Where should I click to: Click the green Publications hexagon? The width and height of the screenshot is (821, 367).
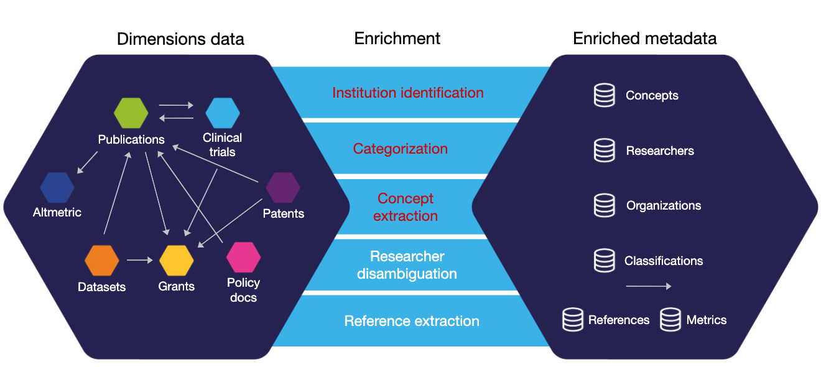(131, 113)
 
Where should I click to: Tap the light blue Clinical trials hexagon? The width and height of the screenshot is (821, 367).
(223, 113)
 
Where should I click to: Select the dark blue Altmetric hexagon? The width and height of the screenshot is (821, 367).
(57, 187)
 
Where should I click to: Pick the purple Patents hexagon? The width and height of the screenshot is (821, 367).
(283, 187)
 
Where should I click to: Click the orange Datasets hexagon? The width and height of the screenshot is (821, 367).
(101, 261)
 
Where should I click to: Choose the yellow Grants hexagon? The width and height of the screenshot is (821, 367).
(177, 261)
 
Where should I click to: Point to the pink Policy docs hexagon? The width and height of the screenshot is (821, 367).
(243, 257)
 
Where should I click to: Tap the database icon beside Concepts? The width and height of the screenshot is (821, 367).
(604, 95)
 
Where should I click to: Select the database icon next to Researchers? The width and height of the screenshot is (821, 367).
(604, 151)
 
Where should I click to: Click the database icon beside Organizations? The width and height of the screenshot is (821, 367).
(604, 205)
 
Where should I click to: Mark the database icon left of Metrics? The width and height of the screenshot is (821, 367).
(670, 320)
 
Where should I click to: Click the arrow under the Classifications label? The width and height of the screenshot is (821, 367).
(648, 286)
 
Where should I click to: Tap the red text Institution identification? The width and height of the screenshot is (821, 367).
(407, 93)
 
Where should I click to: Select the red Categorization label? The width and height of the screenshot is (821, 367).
(400, 149)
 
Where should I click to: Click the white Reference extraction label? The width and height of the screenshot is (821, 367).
(412, 321)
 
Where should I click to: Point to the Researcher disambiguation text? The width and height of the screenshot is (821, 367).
(407, 265)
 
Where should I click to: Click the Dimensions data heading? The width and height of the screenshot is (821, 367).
(180, 39)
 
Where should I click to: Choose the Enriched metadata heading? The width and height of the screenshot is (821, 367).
(644, 39)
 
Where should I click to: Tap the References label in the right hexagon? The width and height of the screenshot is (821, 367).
(619, 320)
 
